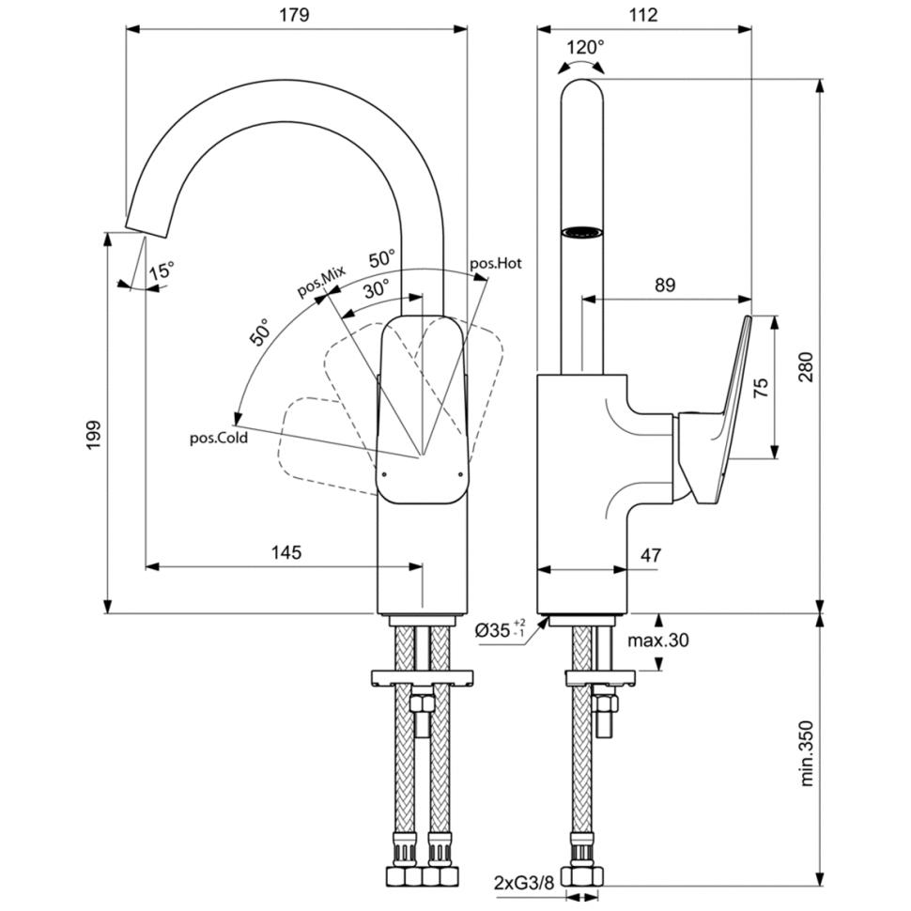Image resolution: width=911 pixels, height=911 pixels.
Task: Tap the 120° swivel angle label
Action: (586, 47)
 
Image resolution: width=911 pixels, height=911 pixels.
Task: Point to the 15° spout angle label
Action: (161, 270)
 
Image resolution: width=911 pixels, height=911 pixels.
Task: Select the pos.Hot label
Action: (496, 263)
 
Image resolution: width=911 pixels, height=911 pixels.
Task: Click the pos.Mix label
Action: (322, 282)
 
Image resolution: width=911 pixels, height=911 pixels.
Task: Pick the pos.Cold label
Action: (219, 437)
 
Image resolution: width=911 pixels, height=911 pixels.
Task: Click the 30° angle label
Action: (377, 290)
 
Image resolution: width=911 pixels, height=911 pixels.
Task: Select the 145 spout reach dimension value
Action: (286, 552)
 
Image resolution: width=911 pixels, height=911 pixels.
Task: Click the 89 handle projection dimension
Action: (665, 286)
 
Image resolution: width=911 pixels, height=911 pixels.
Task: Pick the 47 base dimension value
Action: (650, 555)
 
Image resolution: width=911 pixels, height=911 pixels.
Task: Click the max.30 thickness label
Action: (657, 641)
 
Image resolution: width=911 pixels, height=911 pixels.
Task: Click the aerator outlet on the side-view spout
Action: (583, 231)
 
